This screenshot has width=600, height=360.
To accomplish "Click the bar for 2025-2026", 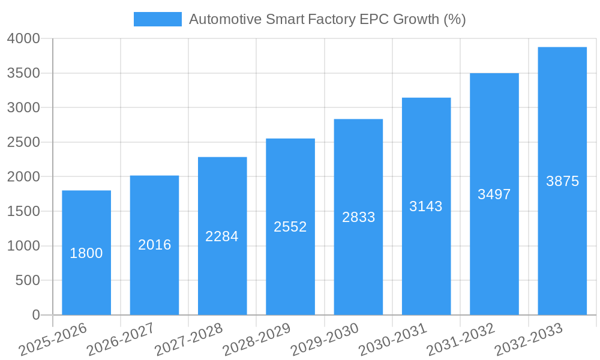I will coord(86,253).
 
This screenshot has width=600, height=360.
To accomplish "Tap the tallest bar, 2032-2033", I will coord(562,181).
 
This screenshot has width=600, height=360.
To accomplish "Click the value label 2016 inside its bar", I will coord(155,245).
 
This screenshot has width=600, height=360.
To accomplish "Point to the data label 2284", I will coord(222,236).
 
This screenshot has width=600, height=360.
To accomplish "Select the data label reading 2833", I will coord(358,217).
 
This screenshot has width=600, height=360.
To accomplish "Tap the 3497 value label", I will coord(494,194).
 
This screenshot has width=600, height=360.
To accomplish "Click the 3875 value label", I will coord(562,181).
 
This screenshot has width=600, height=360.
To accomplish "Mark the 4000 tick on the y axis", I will coord(23,39).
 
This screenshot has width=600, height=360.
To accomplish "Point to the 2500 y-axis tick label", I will coord(23,142).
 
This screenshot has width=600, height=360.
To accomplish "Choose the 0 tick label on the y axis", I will coord(36,315).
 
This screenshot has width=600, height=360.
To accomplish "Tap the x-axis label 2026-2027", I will coord(121,340).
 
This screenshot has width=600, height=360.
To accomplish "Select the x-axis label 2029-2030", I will coord(325,340).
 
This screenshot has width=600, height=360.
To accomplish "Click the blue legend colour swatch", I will coord(157,19).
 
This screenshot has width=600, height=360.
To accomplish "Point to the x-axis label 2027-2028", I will coord(188,340).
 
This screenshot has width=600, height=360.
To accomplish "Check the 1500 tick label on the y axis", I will coord(23,211).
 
